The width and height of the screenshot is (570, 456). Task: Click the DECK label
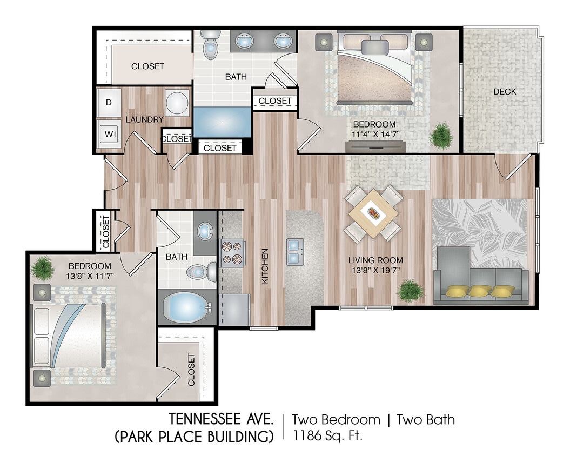click(x=505, y=92)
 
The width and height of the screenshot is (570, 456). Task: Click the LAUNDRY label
click(x=144, y=119)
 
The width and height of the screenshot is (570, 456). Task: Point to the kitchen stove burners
click(x=233, y=252)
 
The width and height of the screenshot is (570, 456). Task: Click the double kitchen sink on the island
click(x=295, y=252)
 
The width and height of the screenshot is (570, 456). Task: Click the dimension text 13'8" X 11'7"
click(x=90, y=276)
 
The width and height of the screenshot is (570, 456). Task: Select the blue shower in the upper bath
click(x=222, y=122)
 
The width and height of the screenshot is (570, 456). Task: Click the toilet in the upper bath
click(x=209, y=46)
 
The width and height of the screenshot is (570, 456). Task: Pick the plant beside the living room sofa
click(x=410, y=290)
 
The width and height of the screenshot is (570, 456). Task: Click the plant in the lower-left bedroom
click(x=42, y=266)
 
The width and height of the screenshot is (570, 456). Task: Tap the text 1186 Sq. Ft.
click(x=327, y=435)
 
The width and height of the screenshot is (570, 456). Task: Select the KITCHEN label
click(x=265, y=266)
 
